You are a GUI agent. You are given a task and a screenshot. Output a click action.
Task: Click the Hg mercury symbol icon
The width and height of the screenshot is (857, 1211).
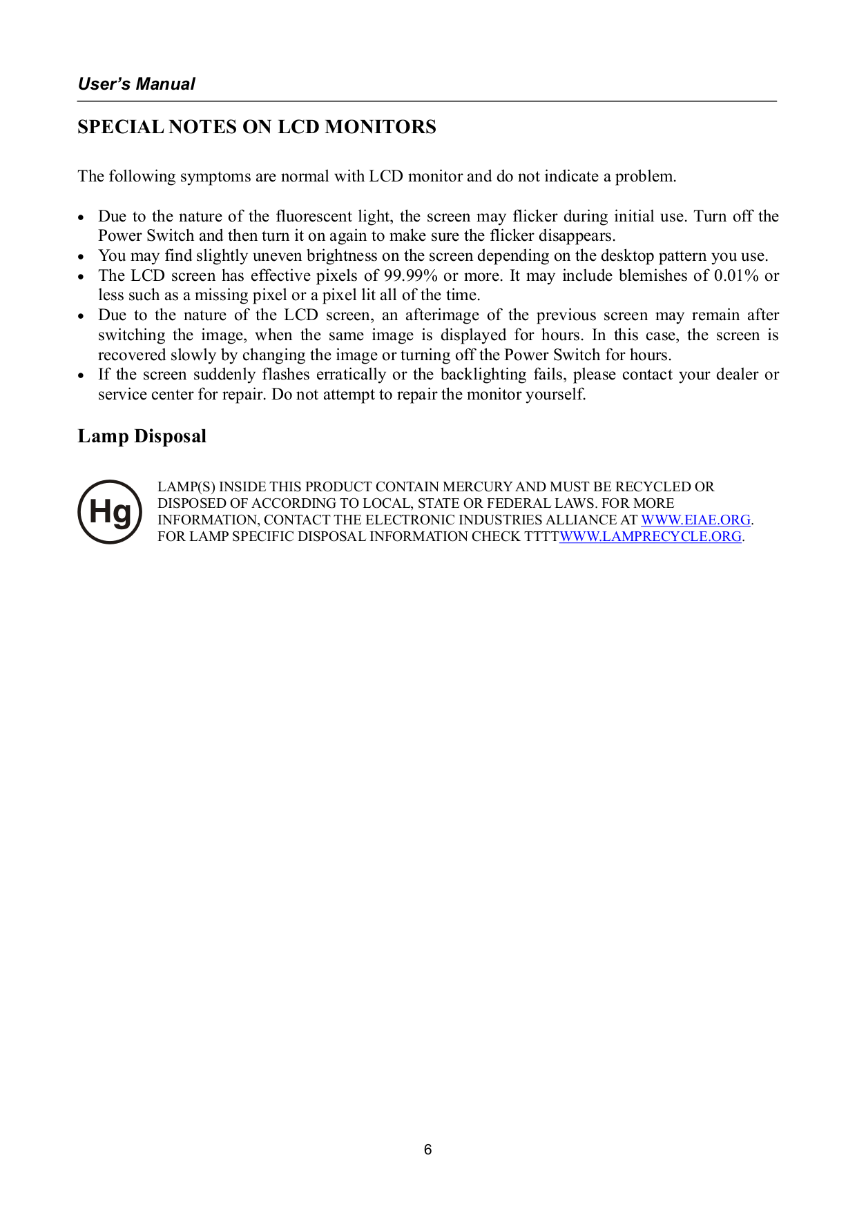pos(110,512)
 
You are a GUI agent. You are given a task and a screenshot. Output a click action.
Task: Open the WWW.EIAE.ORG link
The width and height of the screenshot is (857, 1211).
pos(695,520)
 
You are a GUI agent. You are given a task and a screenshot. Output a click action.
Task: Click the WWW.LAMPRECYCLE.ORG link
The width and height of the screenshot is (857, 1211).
pos(651,537)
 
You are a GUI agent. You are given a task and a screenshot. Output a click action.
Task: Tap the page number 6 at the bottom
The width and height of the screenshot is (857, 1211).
pos(428,1150)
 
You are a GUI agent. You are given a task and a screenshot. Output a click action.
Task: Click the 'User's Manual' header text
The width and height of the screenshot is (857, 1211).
pos(137,84)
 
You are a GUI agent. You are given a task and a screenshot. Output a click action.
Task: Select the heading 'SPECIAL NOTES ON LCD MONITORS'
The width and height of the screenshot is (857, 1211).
pos(257,127)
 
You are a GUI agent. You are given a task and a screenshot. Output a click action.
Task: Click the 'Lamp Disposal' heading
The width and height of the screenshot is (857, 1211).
pos(142,436)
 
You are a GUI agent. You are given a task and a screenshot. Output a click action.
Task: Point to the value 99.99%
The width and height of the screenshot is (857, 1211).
pos(410,276)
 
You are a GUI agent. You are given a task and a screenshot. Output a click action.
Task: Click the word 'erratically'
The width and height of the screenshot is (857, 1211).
pos(351,375)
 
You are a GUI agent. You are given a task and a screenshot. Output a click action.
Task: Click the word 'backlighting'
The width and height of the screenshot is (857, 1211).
pos(483,375)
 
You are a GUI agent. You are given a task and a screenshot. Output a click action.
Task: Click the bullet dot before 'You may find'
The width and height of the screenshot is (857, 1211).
pos(81,257)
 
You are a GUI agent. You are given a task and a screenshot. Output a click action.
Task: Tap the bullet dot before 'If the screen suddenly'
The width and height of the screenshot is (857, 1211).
pos(81,375)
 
